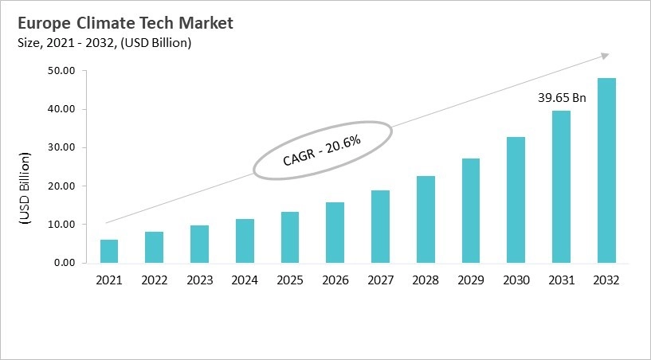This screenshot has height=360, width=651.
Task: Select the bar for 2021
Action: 109,251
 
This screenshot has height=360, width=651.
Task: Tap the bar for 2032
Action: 607,170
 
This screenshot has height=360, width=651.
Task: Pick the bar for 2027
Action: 381,226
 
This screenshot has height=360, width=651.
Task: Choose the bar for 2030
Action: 516,200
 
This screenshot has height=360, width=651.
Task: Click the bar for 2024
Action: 245,241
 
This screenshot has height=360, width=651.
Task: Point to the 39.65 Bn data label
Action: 561,98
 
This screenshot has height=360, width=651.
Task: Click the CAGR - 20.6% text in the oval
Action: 322,150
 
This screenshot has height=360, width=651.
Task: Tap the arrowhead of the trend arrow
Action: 604,55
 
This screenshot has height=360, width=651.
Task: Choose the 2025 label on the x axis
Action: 290,280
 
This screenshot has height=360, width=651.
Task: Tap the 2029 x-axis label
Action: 471,280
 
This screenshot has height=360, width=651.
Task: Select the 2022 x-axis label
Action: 155,280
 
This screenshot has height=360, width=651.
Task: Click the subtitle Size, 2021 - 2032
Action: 104,43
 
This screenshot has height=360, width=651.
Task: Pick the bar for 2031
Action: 562,186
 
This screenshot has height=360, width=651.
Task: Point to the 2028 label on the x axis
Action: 426,280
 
